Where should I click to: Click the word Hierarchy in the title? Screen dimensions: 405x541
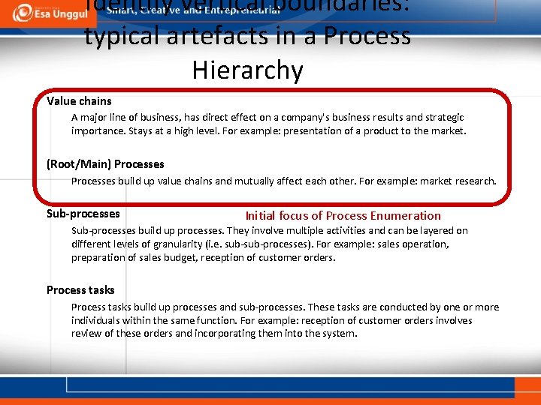[x=247, y=70]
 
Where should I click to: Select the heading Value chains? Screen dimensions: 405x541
[x=79, y=100]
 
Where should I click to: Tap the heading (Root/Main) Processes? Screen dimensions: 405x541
[x=105, y=163]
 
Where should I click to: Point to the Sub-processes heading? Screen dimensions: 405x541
[x=83, y=214]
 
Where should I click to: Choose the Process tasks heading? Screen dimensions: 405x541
[x=80, y=289]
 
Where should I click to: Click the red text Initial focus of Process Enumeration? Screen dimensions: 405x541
[x=343, y=215]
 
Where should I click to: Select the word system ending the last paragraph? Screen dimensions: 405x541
[x=340, y=333]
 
